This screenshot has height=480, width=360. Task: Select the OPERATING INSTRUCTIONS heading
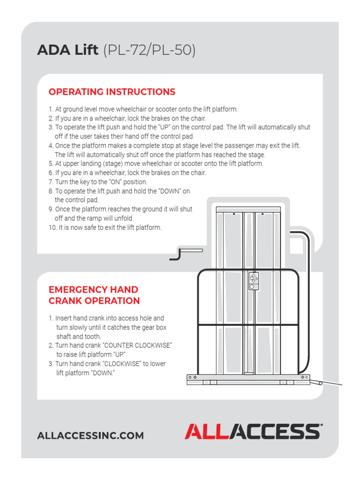tap(112, 92)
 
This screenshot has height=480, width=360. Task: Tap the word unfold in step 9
tap(123, 218)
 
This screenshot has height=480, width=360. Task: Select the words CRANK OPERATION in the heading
tap(94, 301)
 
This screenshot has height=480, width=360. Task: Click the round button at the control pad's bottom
tap(252, 286)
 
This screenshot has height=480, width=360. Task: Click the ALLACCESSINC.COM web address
tap(90, 436)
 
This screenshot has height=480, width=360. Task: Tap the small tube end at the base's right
tap(320, 383)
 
